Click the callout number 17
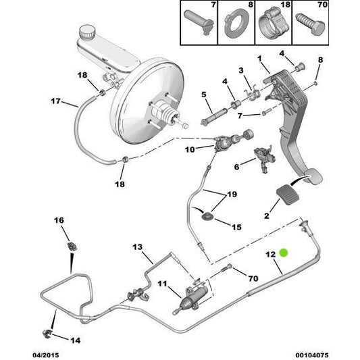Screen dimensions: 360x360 point(57,103)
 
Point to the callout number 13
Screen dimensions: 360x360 point(138,247)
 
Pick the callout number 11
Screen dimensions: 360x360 point(161,283)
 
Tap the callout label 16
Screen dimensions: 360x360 point(58,220)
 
